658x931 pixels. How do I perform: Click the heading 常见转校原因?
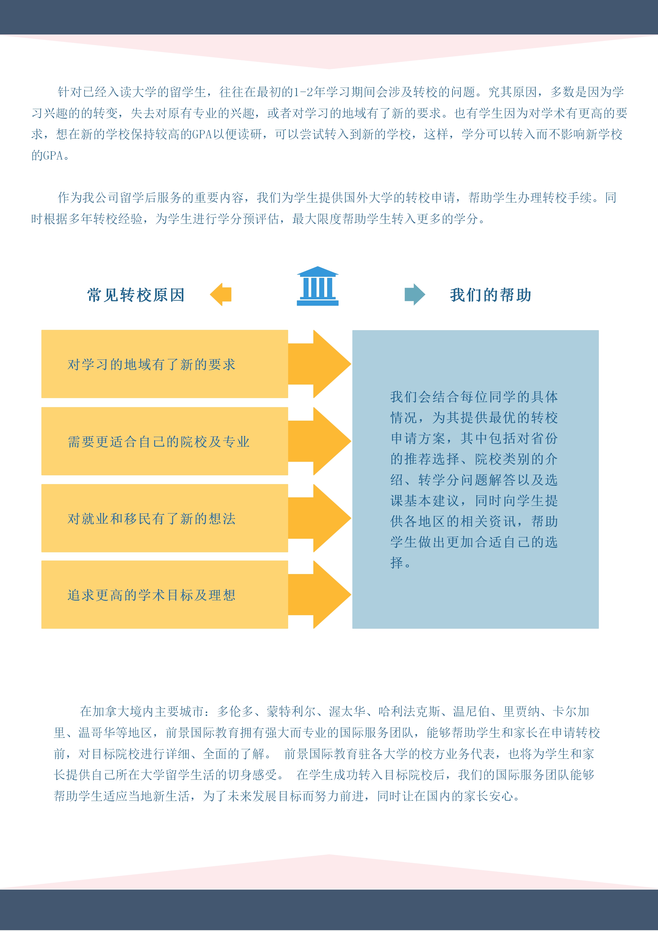pyautogui.click(x=136, y=295)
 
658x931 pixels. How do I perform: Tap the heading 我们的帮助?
pyautogui.click(x=491, y=295)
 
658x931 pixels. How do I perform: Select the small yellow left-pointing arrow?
pyautogui.click(x=220, y=294)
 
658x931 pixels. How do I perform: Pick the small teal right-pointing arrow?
pyautogui.click(x=415, y=294)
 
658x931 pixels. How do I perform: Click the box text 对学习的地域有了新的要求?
pyautogui.click(x=151, y=364)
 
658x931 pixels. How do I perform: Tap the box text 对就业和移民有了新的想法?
pyautogui.click(x=151, y=518)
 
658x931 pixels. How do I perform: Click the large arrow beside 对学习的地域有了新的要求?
pyautogui.click(x=319, y=364)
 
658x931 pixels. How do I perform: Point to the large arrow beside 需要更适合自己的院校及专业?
pyautogui.click(x=319, y=441)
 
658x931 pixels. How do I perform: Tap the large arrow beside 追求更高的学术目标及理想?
pyautogui.click(x=319, y=594)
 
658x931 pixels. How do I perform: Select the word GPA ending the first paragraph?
pyautogui.click(x=53, y=155)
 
